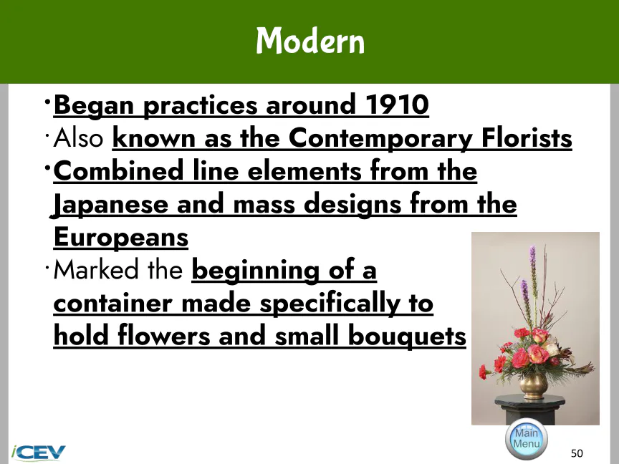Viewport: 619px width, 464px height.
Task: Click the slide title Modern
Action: click(x=310, y=40)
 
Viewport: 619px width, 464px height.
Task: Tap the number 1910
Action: click(x=397, y=105)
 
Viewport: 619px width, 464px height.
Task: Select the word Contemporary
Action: click(x=380, y=139)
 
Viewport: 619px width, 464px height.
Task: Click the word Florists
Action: click(x=527, y=138)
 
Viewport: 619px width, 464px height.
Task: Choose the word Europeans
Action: click(x=121, y=238)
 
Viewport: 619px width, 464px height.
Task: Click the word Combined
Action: click(x=118, y=171)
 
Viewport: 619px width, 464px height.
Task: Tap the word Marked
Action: click(x=96, y=270)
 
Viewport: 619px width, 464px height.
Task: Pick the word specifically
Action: click(x=330, y=304)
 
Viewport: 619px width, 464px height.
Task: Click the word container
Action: click(x=112, y=304)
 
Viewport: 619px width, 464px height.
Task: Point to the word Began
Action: click(x=94, y=106)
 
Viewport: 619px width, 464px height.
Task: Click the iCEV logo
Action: click(x=38, y=453)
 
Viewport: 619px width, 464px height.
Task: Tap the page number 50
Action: click(x=577, y=453)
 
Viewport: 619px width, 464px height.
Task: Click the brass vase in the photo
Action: click(x=534, y=385)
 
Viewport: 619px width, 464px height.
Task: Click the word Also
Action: click(x=78, y=138)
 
